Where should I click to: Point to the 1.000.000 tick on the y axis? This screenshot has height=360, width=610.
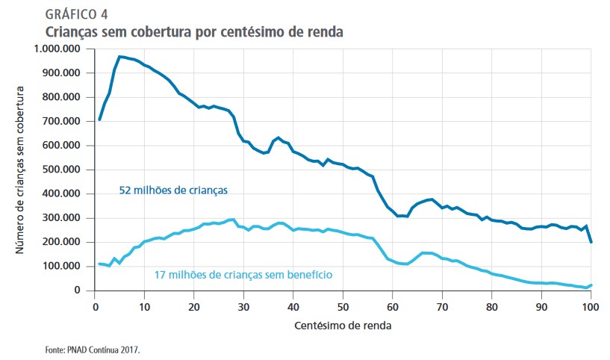click(x=59, y=49)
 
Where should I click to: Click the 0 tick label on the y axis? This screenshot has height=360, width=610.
click(x=84, y=291)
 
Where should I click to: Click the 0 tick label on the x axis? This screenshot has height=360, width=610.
click(x=95, y=306)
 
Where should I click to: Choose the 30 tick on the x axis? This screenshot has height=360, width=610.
click(x=243, y=306)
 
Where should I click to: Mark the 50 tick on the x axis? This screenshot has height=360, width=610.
click(x=343, y=306)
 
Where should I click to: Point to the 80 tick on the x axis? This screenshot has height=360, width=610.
click(x=492, y=306)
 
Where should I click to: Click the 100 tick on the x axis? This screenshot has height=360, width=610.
click(x=591, y=306)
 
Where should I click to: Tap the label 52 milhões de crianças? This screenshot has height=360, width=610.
click(x=173, y=190)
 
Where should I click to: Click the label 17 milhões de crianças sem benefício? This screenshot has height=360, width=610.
click(x=243, y=275)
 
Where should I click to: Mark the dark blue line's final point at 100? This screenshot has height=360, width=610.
click(x=591, y=242)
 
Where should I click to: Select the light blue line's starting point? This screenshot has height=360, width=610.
click(x=100, y=264)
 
